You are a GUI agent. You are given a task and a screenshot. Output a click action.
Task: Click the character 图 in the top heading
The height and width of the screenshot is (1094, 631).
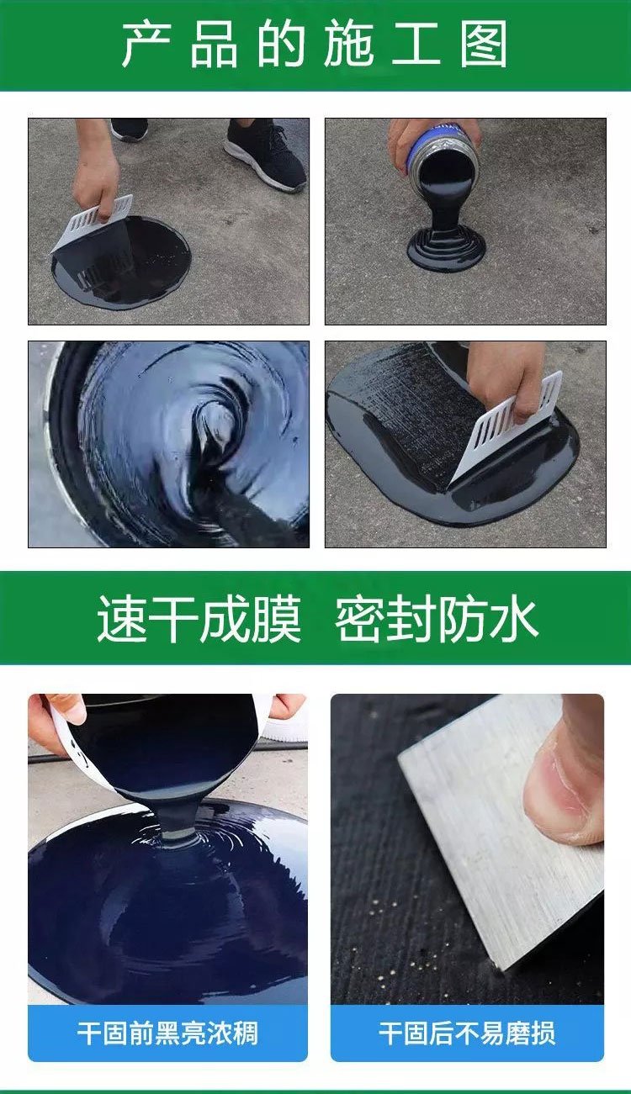484,45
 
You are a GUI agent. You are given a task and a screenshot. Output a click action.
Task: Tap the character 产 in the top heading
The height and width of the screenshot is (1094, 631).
146,45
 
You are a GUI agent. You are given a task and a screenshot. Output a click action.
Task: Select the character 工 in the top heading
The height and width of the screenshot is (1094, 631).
416,45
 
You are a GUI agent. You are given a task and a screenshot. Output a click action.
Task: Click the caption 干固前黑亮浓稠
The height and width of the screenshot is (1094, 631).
167,1033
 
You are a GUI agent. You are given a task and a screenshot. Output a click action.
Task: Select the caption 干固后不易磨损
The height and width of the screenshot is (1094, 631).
467,1033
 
